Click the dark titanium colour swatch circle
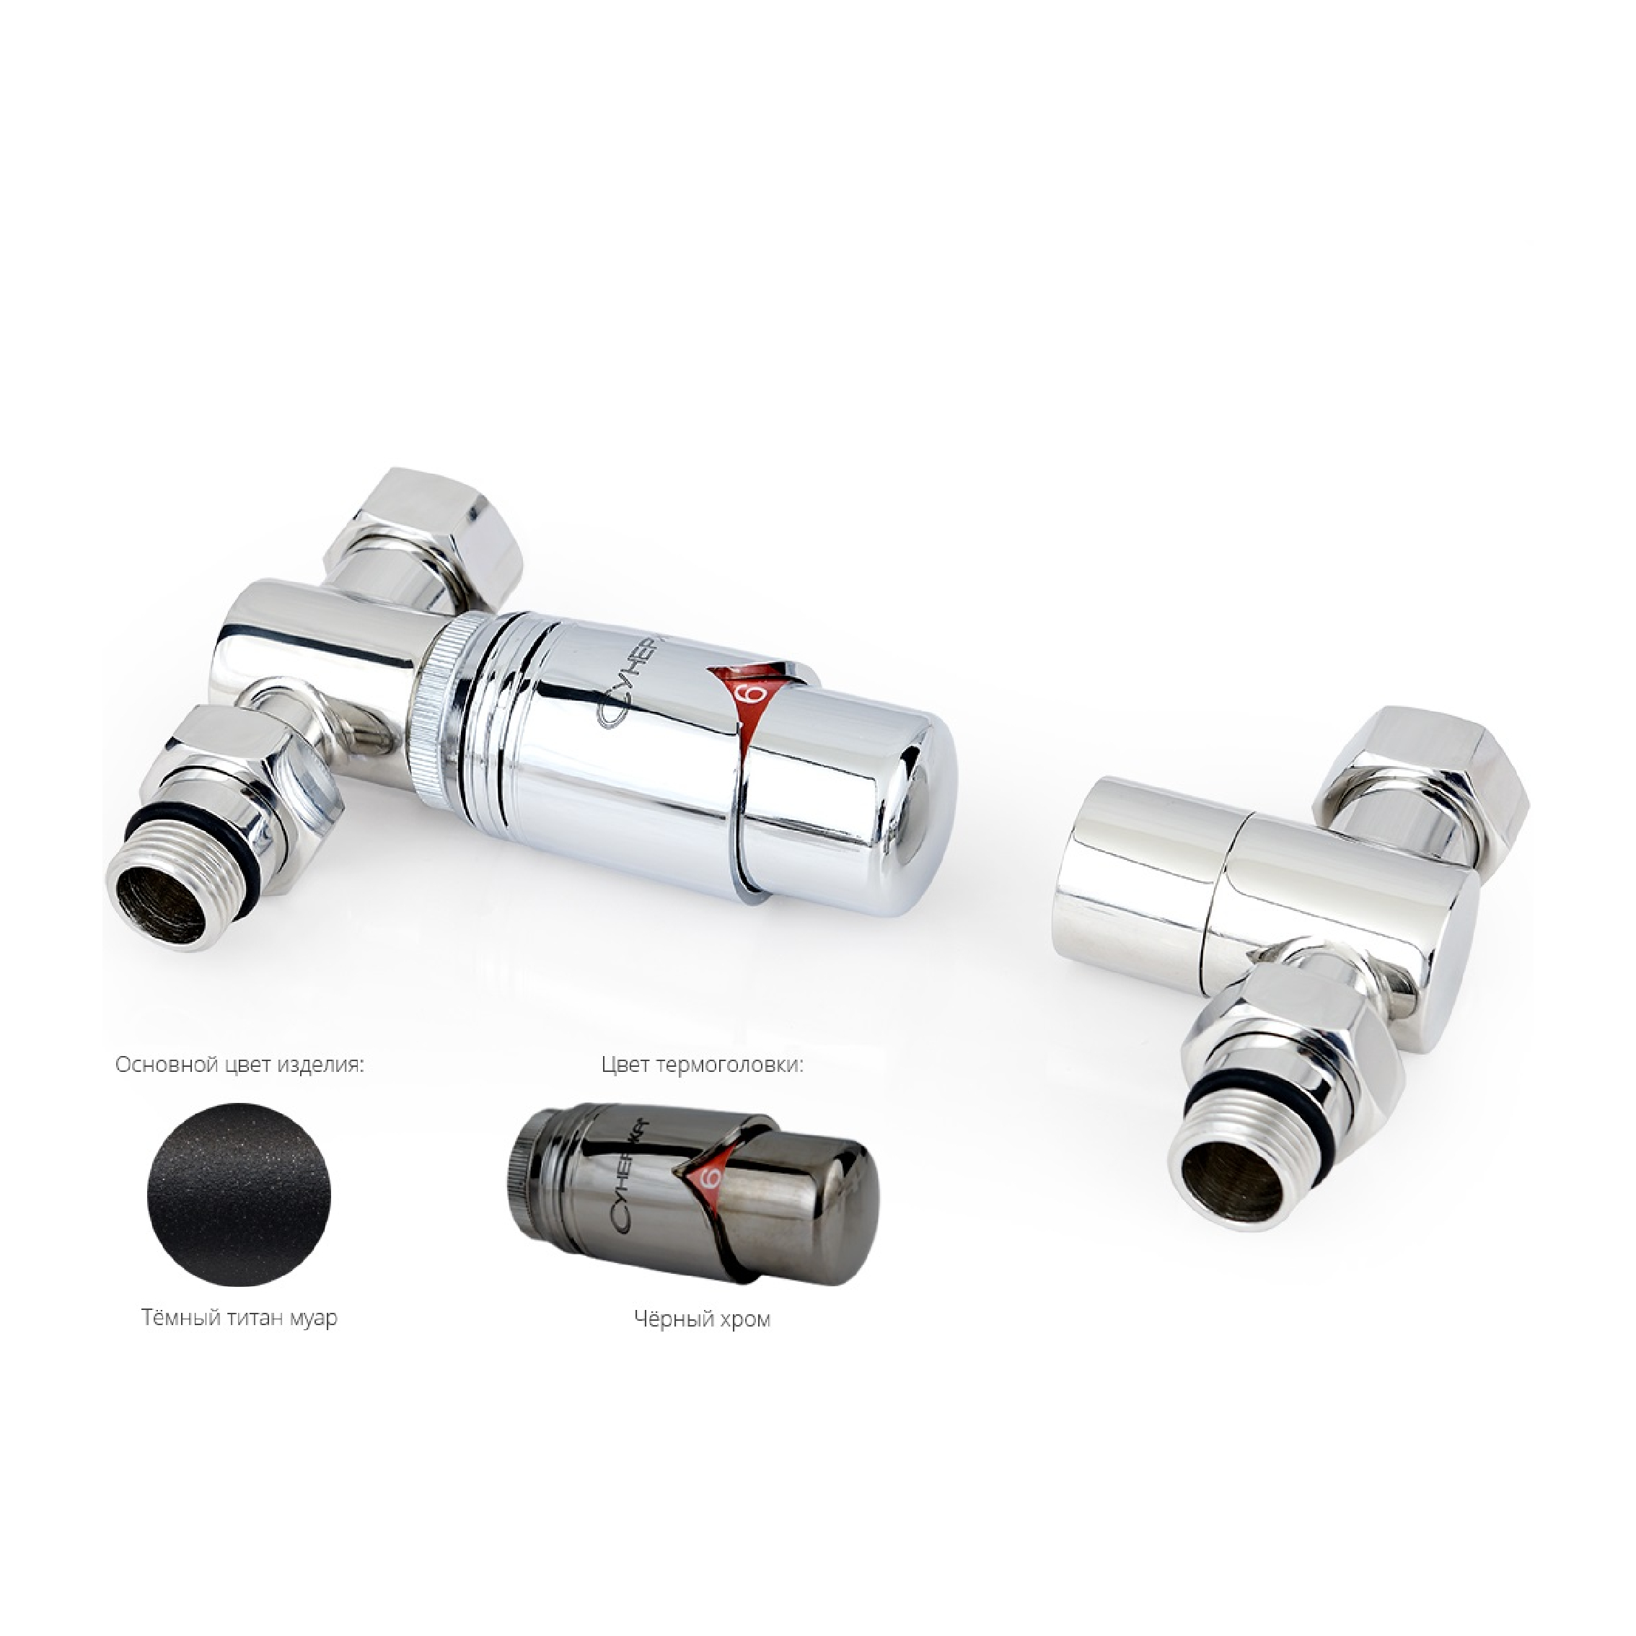pos(239,1197)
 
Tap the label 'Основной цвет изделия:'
pos(239,1065)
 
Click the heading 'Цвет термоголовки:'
pos(702,1065)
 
